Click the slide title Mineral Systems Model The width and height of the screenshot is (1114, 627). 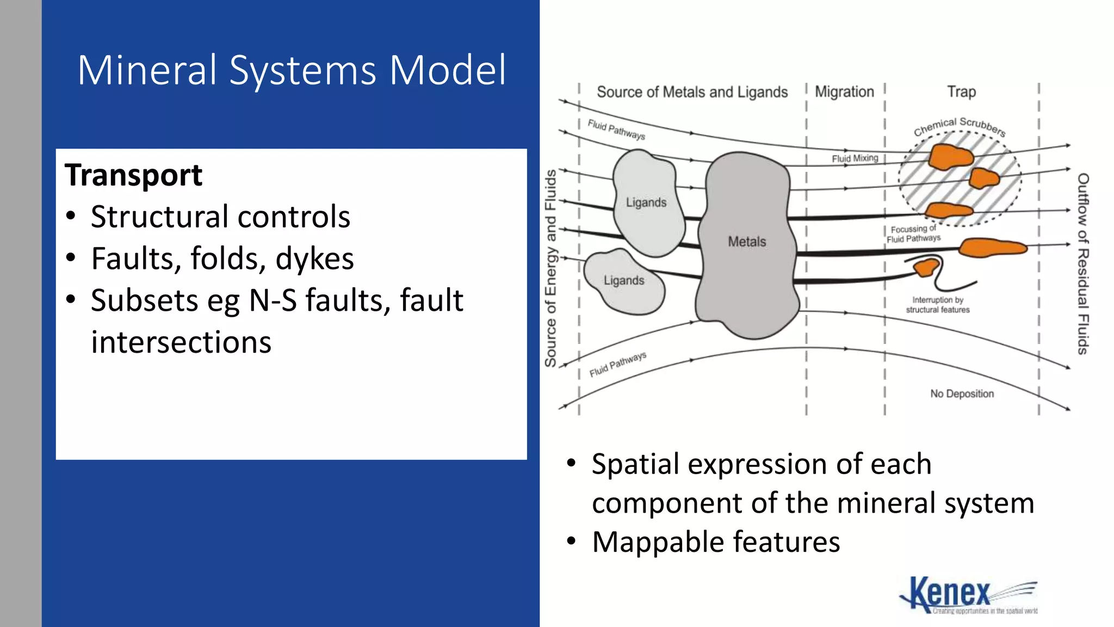pos(292,70)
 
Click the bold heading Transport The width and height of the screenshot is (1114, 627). pos(133,175)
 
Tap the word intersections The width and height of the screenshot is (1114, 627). pos(181,342)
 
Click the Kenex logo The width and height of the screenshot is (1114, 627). pos(968,595)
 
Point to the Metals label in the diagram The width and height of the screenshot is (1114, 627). pos(747,242)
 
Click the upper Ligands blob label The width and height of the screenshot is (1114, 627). pos(646,202)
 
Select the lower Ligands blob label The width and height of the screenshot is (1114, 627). pos(624,280)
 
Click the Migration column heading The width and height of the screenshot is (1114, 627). pos(844,92)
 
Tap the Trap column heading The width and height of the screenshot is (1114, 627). pos(961,92)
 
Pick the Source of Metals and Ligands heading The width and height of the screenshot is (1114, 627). pos(692,92)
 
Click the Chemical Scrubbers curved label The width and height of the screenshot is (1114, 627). pos(960,126)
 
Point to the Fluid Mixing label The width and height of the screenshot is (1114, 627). pos(855,158)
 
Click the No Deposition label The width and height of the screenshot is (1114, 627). pos(962,394)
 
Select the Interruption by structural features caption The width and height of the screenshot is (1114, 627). pos(937,305)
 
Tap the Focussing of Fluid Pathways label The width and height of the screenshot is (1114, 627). pos(913,234)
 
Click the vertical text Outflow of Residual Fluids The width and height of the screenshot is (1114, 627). pos(1083,264)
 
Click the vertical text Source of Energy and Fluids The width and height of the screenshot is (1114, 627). pos(550,268)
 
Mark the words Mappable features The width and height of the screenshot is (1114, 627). pos(716,542)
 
